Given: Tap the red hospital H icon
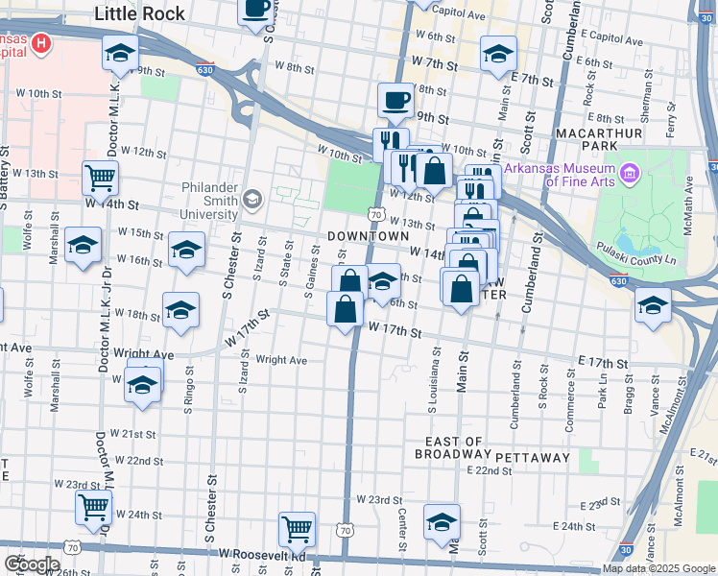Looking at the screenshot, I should [x=41, y=43].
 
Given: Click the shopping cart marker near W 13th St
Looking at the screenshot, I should [x=100, y=177].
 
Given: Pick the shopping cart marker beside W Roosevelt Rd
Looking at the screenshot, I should [x=297, y=528].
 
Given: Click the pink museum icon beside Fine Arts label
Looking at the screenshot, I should [x=630, y=174].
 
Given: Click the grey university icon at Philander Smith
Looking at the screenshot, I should [x=252, y=200].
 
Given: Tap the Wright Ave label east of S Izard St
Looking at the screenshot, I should [x=280, y=361].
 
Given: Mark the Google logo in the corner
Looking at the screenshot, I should [x=33, y=564].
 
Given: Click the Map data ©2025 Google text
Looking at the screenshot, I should [x=658, y=568].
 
